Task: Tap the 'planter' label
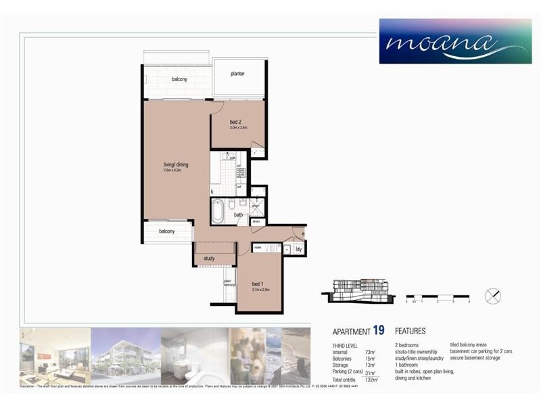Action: pyautogui.click(x=237, y=74)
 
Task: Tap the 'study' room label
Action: pyautogui.click(x=209, y=258)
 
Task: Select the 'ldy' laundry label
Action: pyautogui.click(x=299, y=249)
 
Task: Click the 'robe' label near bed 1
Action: pyautogui.click(x=258, y=248)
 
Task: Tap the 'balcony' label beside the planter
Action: pyautogui.click(x=179, y=79)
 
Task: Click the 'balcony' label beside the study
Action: pyautogui.click(x=167, y=231)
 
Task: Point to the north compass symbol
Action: pyautogui.click(x=494, y=296)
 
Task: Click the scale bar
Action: pyautogui.click(x=437, y=297)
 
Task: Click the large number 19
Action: pyautogui.click(x=379, y=331)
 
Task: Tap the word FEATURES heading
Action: pyautogui.click(x=410, y=332)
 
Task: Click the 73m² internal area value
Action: pyautogui.click(x=370, y=353)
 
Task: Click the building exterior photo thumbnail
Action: pyautogui.click(x=125, y=354)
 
